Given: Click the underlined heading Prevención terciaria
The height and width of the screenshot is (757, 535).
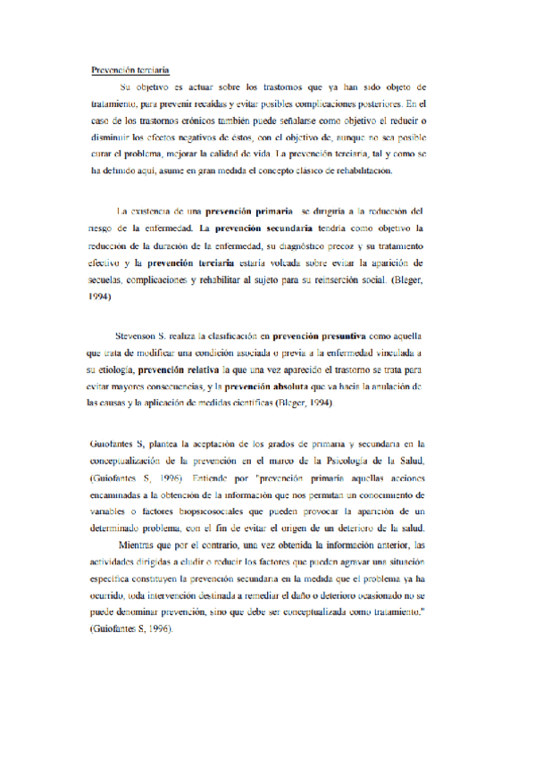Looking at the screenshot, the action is (131, 69).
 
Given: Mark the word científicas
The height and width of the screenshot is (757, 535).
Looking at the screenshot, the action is (271, 403).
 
